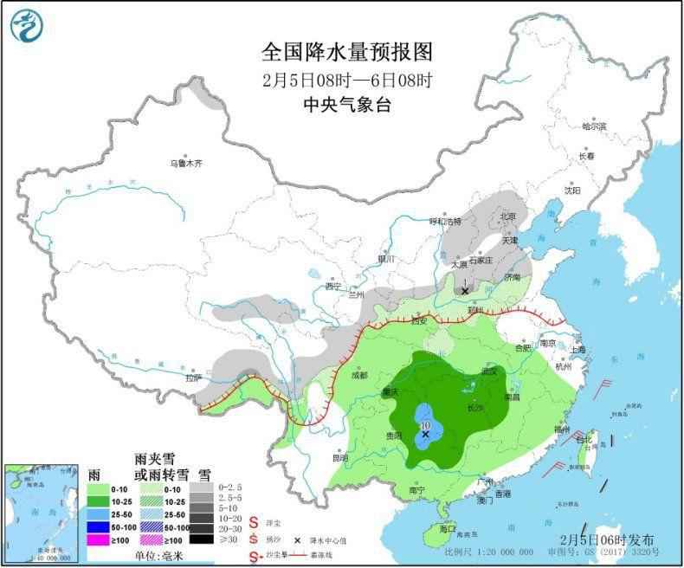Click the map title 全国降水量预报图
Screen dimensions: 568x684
coord(346,52)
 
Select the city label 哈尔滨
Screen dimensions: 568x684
coord(594,126)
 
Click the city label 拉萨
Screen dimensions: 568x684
coord(192,378)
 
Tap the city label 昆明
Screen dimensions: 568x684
coord(343,456)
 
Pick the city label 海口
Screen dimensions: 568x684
coord(447,527)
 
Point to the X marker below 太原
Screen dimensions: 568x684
coord(465,291)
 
